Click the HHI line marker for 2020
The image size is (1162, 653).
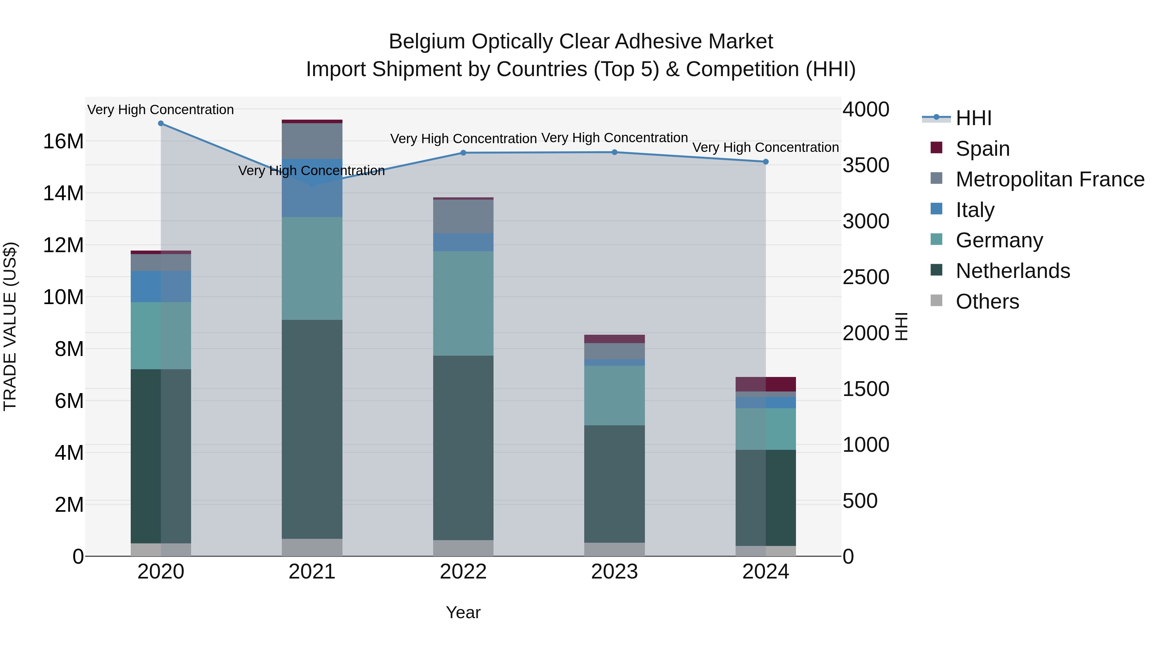coord(161,124)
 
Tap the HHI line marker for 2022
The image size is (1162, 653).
coord(463,153)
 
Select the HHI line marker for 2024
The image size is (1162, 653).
coord(766,162)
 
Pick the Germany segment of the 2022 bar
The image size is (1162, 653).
coord(463,303)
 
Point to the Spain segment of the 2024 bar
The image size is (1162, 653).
coord(766,384)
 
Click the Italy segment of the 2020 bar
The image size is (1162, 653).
coord(161,287)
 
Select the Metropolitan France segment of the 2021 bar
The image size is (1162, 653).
coord(312,141)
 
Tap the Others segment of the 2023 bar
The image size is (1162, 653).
coord(614,549)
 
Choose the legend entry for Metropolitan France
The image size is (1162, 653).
coord(1049,179)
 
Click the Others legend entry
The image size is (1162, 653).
coord(987,302)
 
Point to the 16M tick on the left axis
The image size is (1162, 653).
coord(63,142)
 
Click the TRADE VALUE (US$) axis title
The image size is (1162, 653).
coord(10,326)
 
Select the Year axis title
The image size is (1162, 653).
coord(463,612)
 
